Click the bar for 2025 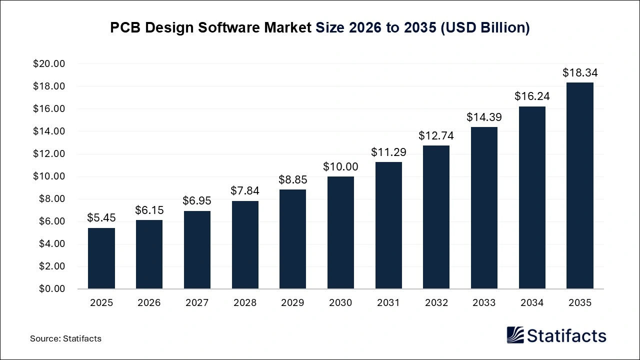coord(101,258)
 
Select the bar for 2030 coord(340,232)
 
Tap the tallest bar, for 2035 coord(579,185)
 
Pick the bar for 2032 coord(436,217)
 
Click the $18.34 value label coord(579,73)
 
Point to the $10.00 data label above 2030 coord(340,167)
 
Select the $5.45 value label coord(101,218)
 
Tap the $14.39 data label coord(484,117)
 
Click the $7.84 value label coord(245,191)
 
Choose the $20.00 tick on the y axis coord(49,64)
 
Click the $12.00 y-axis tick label coord(49,154)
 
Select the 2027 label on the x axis coord(197,303)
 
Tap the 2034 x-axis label coord(532,303)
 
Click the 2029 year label coord(292,303)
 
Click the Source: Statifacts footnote coord(65,338)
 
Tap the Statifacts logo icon coord(515,335)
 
